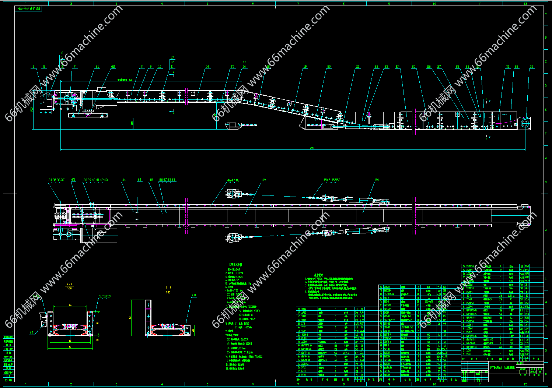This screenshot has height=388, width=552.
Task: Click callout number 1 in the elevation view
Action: click(x=33, y=67)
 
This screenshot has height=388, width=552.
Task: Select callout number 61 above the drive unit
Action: click(x=97, y=67)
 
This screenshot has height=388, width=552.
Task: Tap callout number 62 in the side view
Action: click(x=113, y=67)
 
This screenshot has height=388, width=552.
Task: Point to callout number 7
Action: click(x=75, y=67)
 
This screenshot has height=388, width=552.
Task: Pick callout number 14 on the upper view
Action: click(x=207, y=67)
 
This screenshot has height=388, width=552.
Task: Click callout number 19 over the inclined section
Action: click(x=305, y=67)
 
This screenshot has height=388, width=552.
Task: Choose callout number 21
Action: click(x=357, y=67)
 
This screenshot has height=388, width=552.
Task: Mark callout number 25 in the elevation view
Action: click(x=413, y=67)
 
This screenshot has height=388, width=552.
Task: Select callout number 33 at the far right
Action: click(x=531, y=67)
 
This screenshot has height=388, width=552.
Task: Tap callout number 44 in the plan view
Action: click(x=124, y=180)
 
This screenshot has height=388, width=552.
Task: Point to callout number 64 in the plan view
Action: click(x=139, y=180)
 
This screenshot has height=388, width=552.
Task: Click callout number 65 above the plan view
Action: click(x=73, y=180)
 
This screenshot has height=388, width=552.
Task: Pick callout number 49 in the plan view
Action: click(x=264, y=180)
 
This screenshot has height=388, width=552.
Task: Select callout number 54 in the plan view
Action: click(x=377, y=180)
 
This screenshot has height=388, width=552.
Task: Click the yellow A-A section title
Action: click(x=69, y=285)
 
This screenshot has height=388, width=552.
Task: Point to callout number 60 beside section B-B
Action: click(x=194, y=296)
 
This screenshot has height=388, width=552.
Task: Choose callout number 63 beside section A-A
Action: click(x=32, y=333)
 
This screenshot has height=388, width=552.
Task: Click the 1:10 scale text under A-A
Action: click(x=69, y=289)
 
